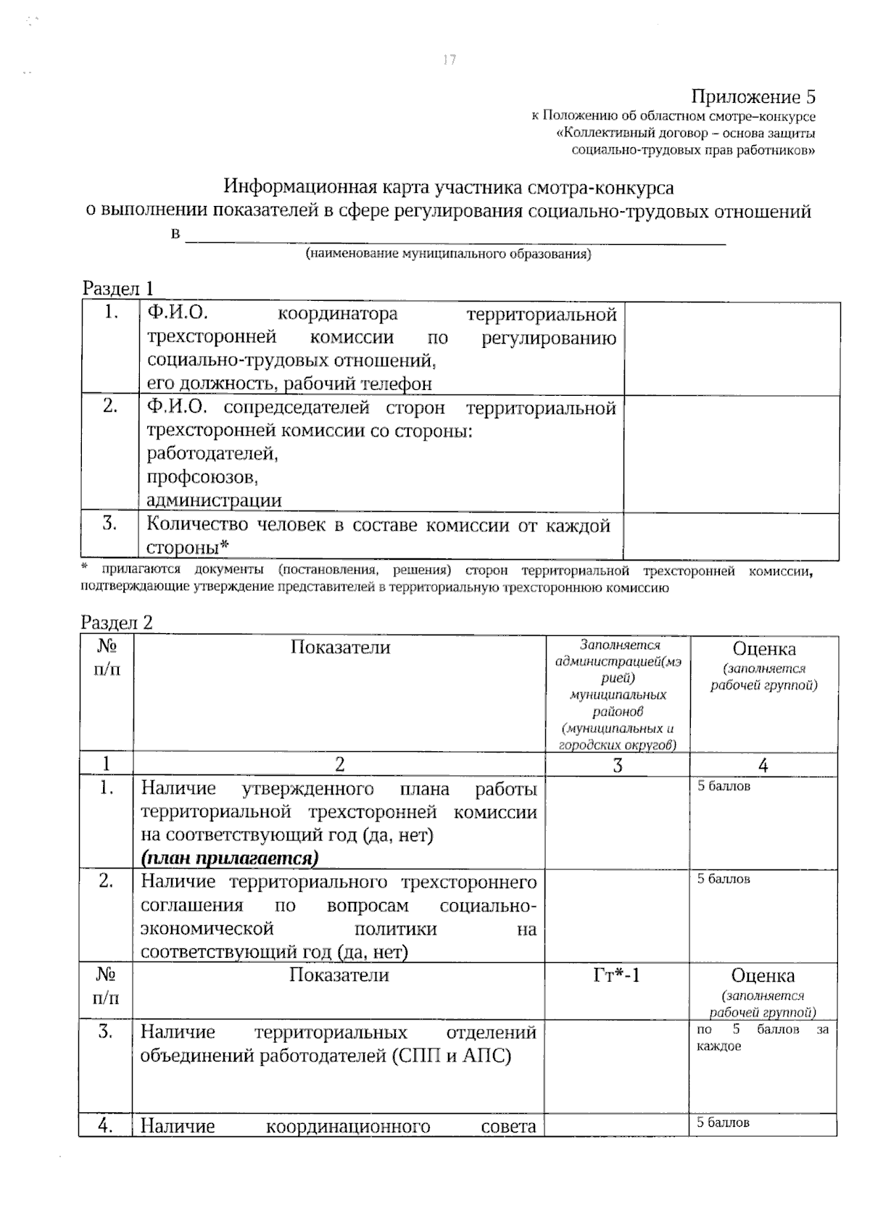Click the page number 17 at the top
pos(449,60)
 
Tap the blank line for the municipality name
pos(455,239)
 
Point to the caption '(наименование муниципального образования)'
pos(448,255)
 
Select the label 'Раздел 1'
pos(117,289)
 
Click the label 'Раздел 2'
pos(117,623)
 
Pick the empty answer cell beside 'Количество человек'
pos(731,537)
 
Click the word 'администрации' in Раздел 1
pos(214,500)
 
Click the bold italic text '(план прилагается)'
pos(230,858)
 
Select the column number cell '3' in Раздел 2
pos(617,765)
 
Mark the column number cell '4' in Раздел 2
pos(763,765)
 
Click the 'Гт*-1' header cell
pos(616,975)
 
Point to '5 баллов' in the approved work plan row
pos(724,787)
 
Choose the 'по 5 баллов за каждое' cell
pos(762,1038)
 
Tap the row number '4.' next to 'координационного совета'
pos(106,1125)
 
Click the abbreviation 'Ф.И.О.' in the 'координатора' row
pos(177,313)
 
